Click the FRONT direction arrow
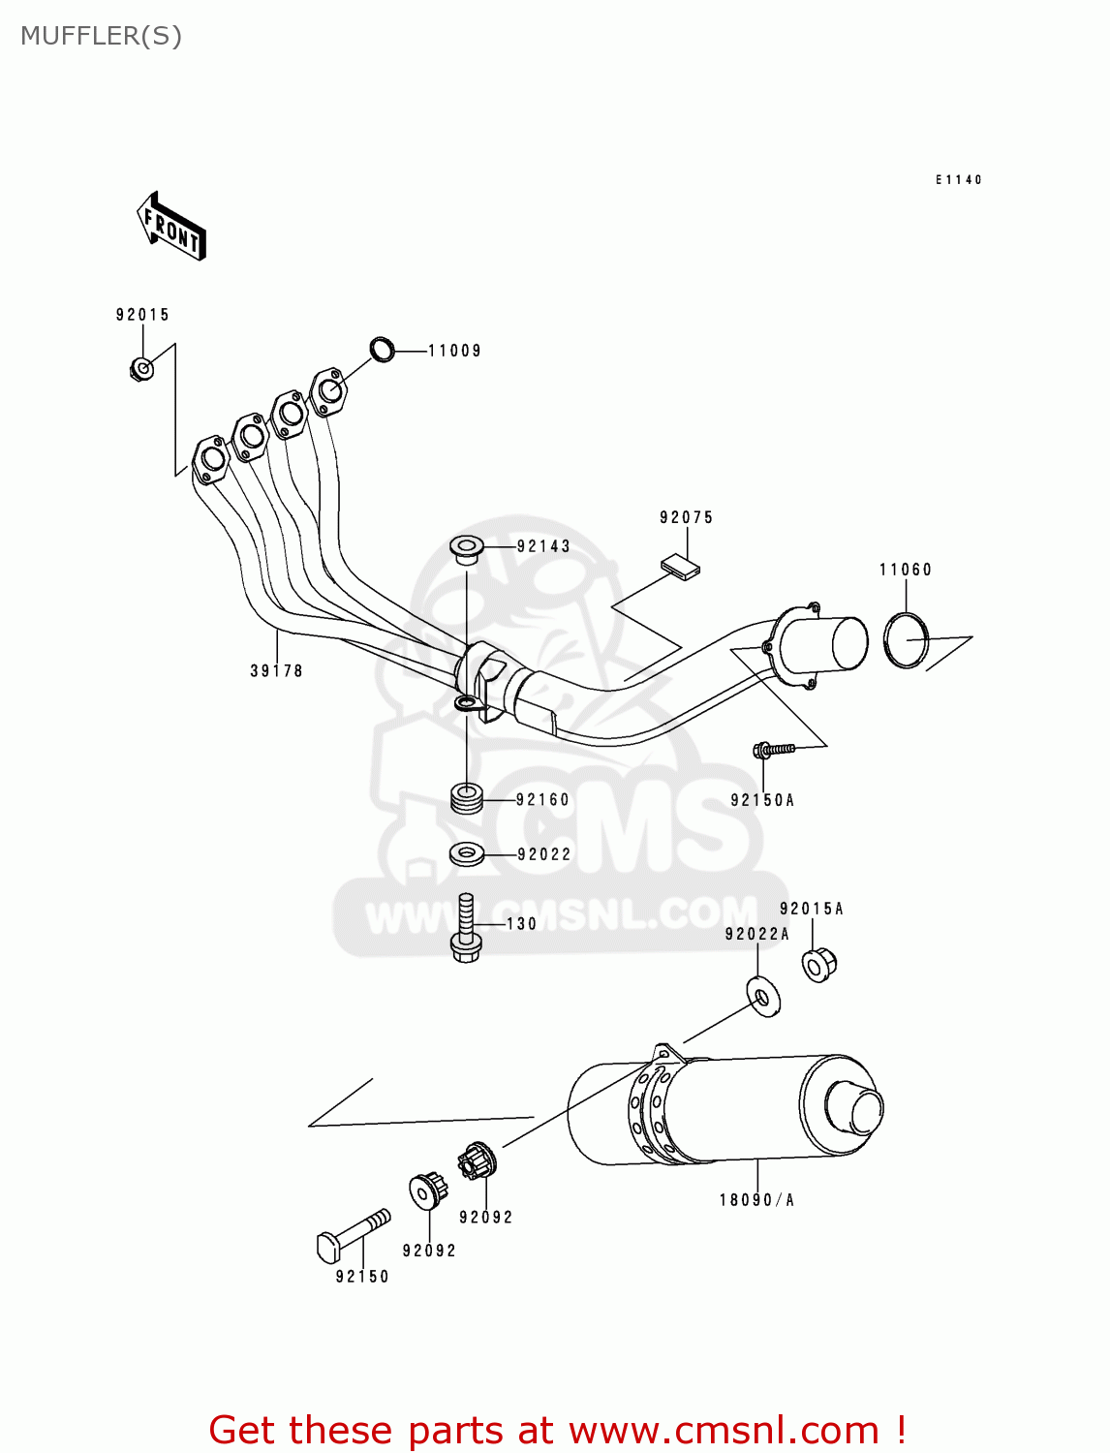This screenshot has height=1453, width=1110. click(171, 227)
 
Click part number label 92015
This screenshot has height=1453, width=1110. click(142, 315)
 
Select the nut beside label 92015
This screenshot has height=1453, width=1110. click(141, 368)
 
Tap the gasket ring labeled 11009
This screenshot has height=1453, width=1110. click(383, 349)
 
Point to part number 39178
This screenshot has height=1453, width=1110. click(276, 670)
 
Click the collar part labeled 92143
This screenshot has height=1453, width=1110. click(467, 549)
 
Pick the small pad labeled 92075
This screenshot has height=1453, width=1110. click(681, 566)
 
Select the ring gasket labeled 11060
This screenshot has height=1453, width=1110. click(906, 640)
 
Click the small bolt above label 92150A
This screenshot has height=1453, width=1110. click(773, 748)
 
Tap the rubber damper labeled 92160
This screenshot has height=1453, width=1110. click(467, 799)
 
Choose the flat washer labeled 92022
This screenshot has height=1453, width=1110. click(467, 854)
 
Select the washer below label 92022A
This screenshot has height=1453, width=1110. click(764, 997)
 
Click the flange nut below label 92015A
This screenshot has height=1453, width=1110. click(818, 964)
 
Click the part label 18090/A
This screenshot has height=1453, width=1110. click(756, 1200)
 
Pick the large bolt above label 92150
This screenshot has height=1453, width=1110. click(353, 1234)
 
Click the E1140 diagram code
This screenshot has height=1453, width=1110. click(958, 180)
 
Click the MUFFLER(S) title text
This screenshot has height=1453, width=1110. click(101, 36)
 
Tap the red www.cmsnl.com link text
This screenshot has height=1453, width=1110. click(723, 1430)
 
